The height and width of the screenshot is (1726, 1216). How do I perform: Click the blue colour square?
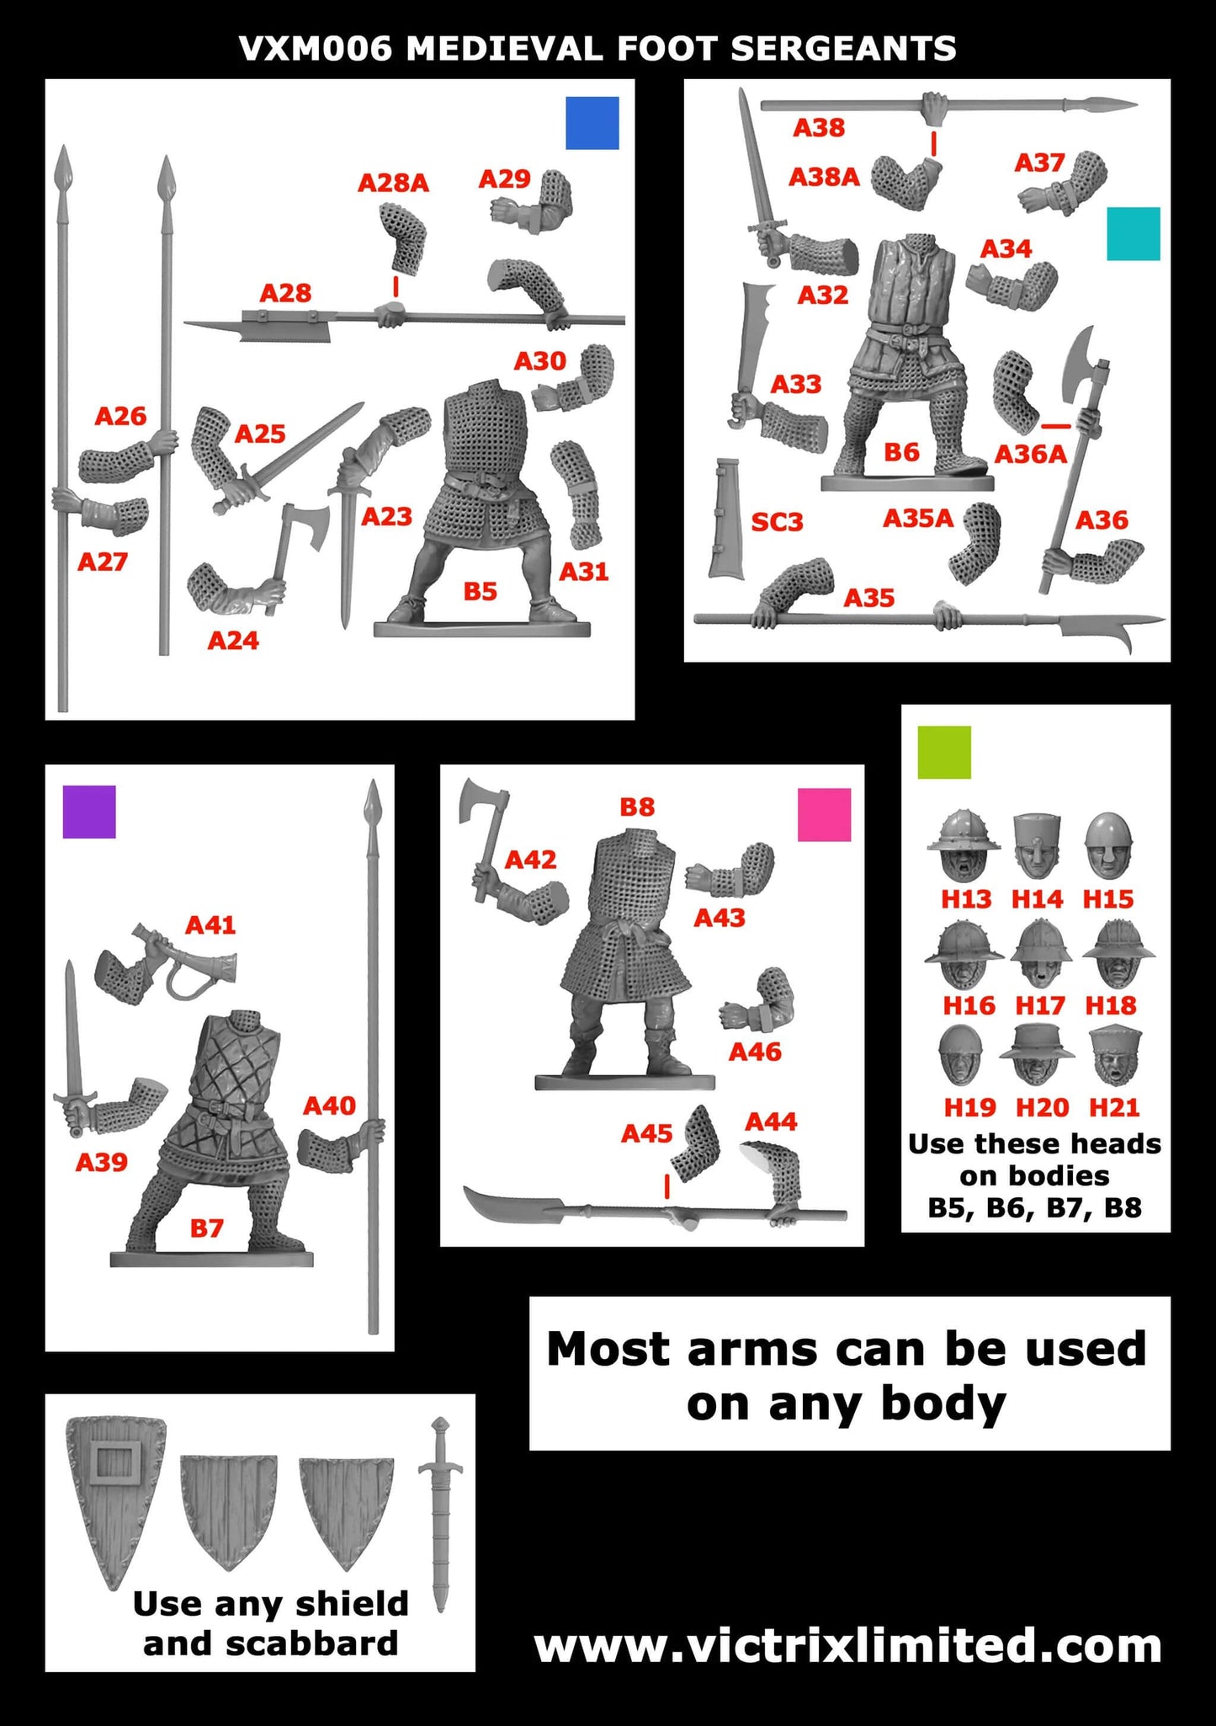[592, 123]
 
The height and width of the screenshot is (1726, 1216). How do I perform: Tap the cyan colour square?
[1134, 233]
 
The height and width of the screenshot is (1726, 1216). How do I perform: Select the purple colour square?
[89, 812]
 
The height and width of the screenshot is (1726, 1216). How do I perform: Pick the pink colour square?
[824, 814]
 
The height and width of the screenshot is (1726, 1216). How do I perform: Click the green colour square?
[944, 752]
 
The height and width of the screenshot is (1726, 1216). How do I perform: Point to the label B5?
[481, 592]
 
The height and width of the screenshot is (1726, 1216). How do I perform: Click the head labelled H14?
[1037, 846]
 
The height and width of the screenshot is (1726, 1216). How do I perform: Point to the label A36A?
[1030, 455]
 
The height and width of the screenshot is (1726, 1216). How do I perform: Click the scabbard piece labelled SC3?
[725, 519]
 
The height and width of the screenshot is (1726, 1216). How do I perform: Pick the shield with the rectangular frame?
[114, 1499]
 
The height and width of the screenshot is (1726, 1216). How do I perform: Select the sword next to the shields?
[440, 1512]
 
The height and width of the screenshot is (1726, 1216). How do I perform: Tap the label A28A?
[393, 183]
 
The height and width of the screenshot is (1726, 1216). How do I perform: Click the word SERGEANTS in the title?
[843, 50]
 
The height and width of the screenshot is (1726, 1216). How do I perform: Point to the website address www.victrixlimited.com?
[847, 1646]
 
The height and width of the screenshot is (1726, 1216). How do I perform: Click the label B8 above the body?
[636, 807]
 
